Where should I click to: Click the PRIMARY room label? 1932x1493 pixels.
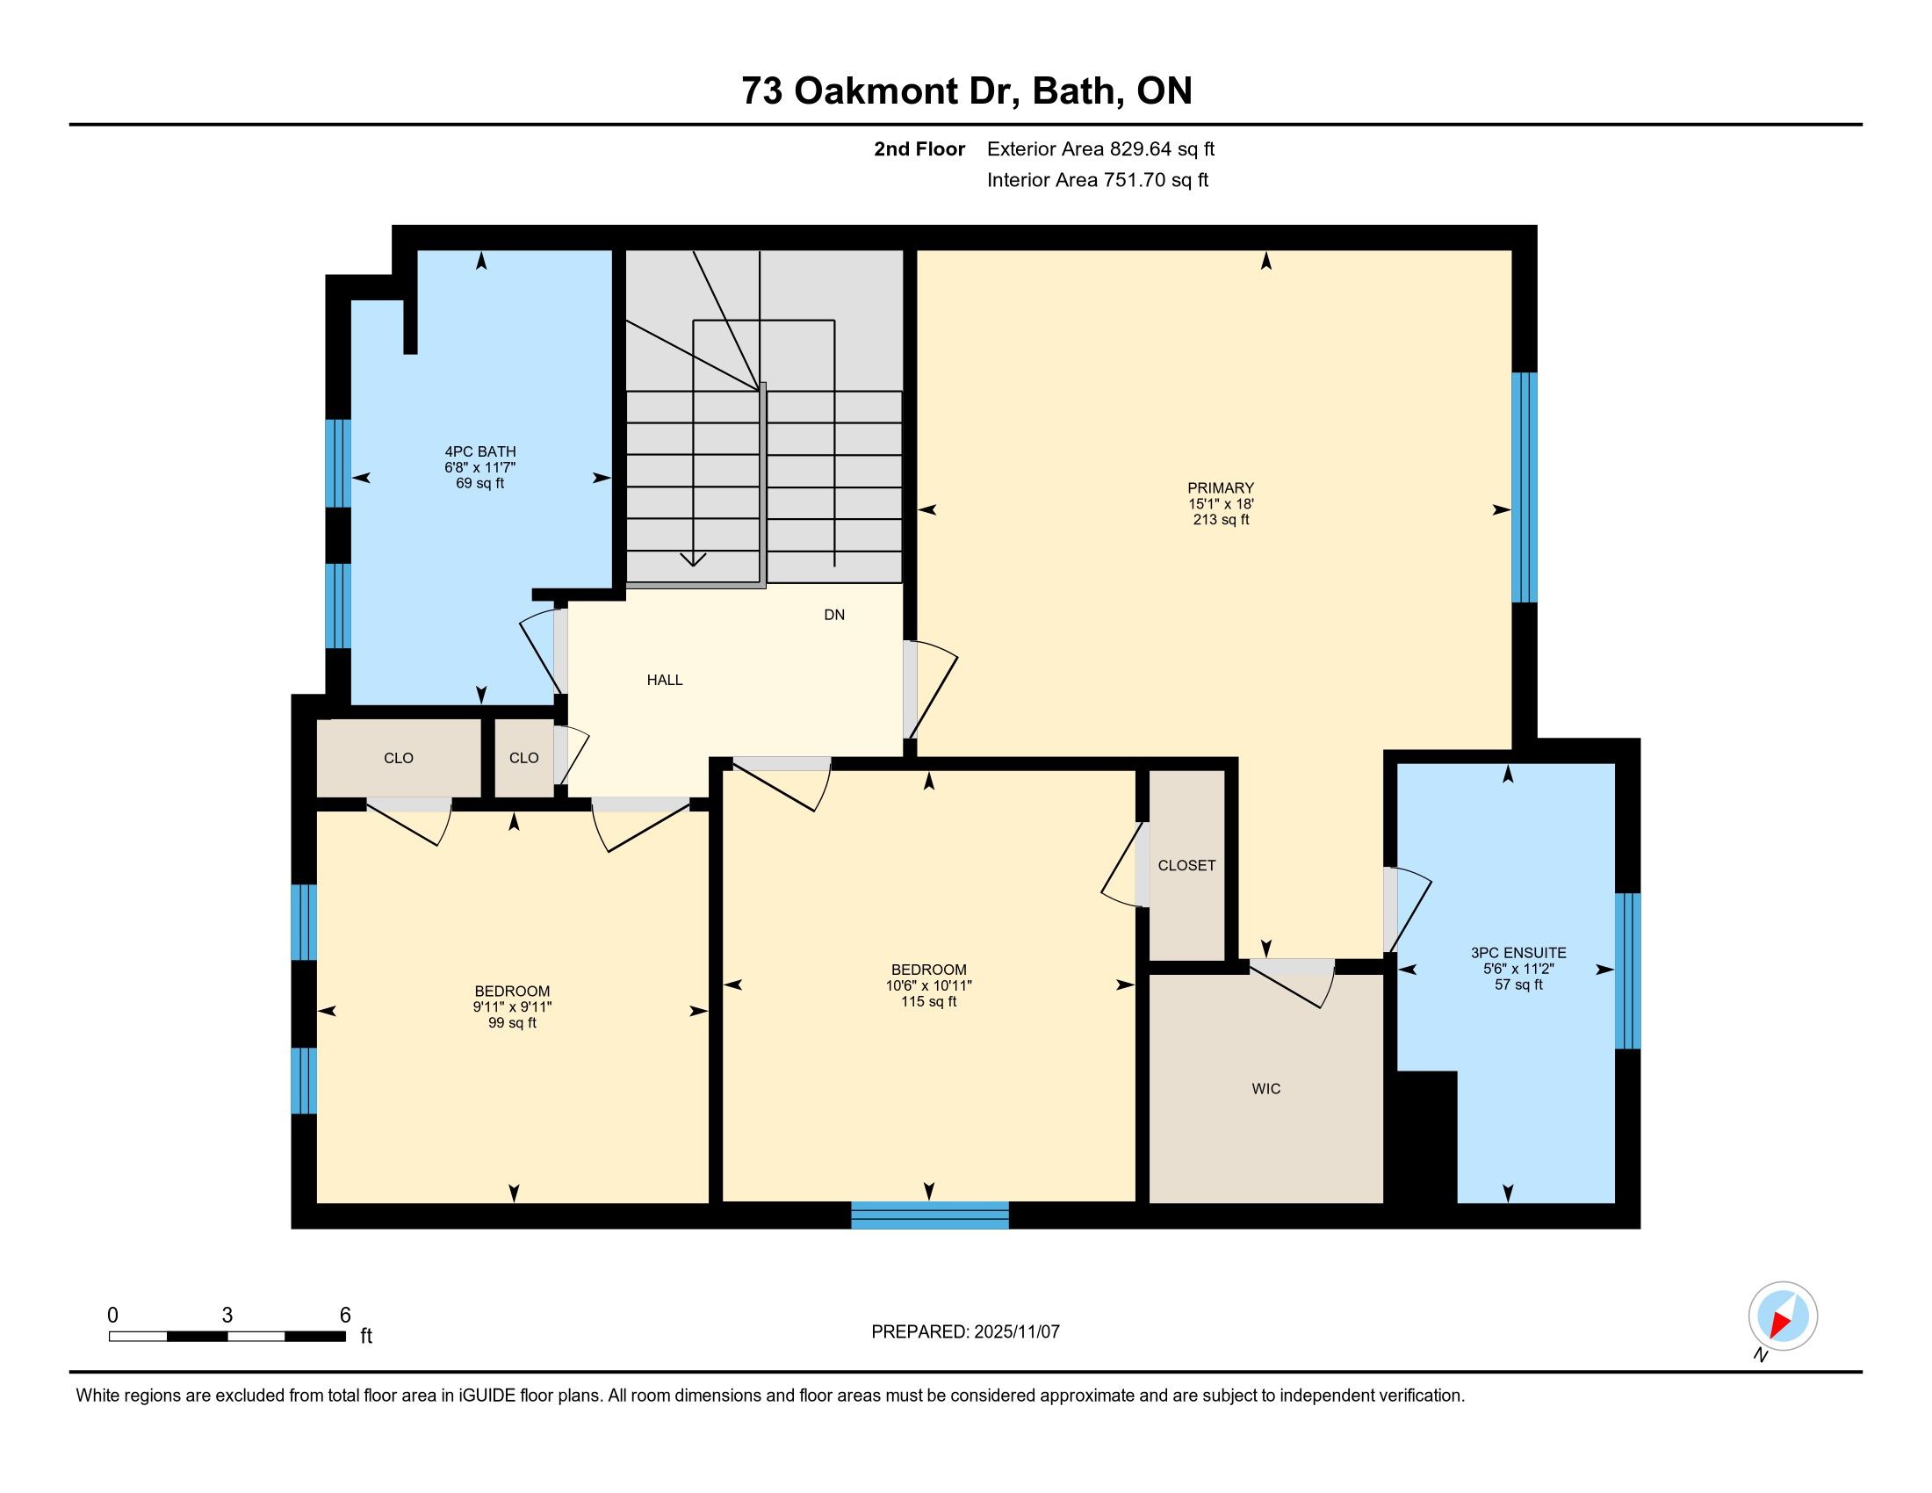click(x=1220, y=487)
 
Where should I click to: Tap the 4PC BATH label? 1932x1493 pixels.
click(x=480, y=451)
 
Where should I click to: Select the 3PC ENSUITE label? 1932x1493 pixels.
click(x=1518, y=953)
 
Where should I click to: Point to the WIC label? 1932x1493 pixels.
click(x=1265, y=1089)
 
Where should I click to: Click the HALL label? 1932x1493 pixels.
click(x=665, y=680)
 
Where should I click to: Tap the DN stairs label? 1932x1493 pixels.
click(x=834, y=615)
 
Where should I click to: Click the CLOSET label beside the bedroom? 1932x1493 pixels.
click(x=1186, y=865)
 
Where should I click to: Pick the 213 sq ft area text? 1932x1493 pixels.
click(x=1221, y=519)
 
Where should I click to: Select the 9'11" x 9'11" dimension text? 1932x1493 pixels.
click(x=512, y=1006)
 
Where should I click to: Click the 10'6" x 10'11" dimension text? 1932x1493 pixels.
click(x=929, y=985)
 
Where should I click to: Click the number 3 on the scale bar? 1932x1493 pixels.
click(x=227, y=1316)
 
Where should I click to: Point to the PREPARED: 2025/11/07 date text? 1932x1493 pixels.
click(x=965, y=1331)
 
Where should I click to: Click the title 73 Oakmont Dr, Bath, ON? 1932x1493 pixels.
click(x=967, y=90)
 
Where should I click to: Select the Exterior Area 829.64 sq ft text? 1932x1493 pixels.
click(x=1100, y=148)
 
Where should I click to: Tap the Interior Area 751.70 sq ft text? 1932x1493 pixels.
click(x=1097, y=179)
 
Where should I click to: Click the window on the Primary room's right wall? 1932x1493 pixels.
click(x=1525, y=487)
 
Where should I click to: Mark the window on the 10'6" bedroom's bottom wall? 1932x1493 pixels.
click(x=930, y=1215)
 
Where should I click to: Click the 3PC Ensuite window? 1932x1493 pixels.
click(x=1627, y=970)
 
